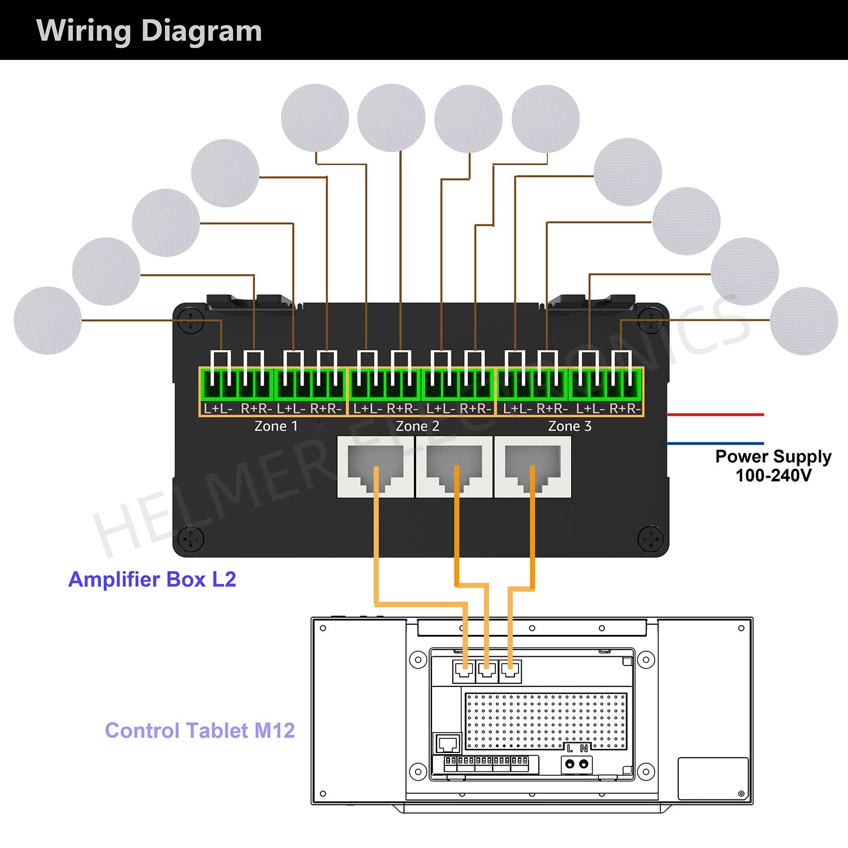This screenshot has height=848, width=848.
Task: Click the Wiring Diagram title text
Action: (149, 31)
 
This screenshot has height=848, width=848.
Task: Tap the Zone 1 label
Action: (276, 426)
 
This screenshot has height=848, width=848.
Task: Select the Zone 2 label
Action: (417, 426)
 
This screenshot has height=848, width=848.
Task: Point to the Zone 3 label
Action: (570, 426)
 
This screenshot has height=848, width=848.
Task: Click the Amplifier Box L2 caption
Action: (152, 579)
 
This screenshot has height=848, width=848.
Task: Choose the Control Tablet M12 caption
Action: (200, 730)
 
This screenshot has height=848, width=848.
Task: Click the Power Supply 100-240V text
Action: (773, 465)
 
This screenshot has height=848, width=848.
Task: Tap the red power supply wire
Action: (716, 414)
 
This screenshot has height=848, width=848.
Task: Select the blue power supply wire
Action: (716, 443)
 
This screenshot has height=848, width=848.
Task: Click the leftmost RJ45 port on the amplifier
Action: (375, 466)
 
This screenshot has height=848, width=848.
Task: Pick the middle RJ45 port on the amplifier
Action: (454, 466)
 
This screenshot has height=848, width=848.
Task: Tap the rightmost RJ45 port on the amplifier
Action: (533, 466)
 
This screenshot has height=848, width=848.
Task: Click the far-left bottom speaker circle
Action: (47, 321)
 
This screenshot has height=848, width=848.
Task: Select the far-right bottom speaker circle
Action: (804, 321)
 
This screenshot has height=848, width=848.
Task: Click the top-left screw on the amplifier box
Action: (191, 318)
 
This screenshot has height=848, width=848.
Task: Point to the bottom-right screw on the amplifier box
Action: (651, 539)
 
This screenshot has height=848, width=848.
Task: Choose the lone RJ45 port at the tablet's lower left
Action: (447, 743)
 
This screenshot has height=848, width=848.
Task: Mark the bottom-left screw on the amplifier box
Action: (191, 539)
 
